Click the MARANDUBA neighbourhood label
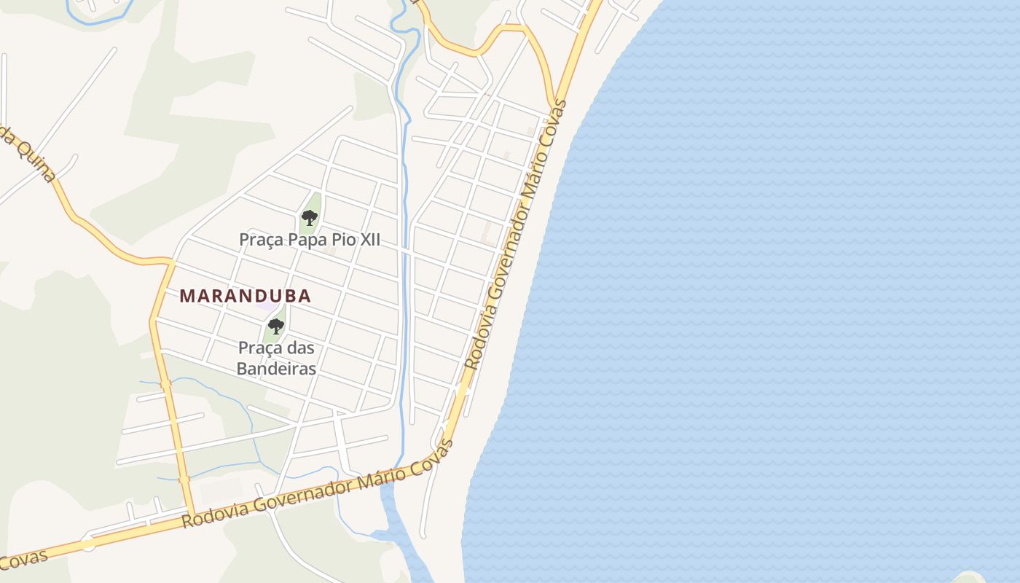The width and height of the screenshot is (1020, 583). pos(245,296)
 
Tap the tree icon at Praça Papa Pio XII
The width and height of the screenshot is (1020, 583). pos(309,217)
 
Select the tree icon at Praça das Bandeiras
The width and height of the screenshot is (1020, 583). pos(275,326)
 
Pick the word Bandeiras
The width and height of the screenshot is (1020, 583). pos(277,369)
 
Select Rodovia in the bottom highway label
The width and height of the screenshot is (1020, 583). pos(213,513)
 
